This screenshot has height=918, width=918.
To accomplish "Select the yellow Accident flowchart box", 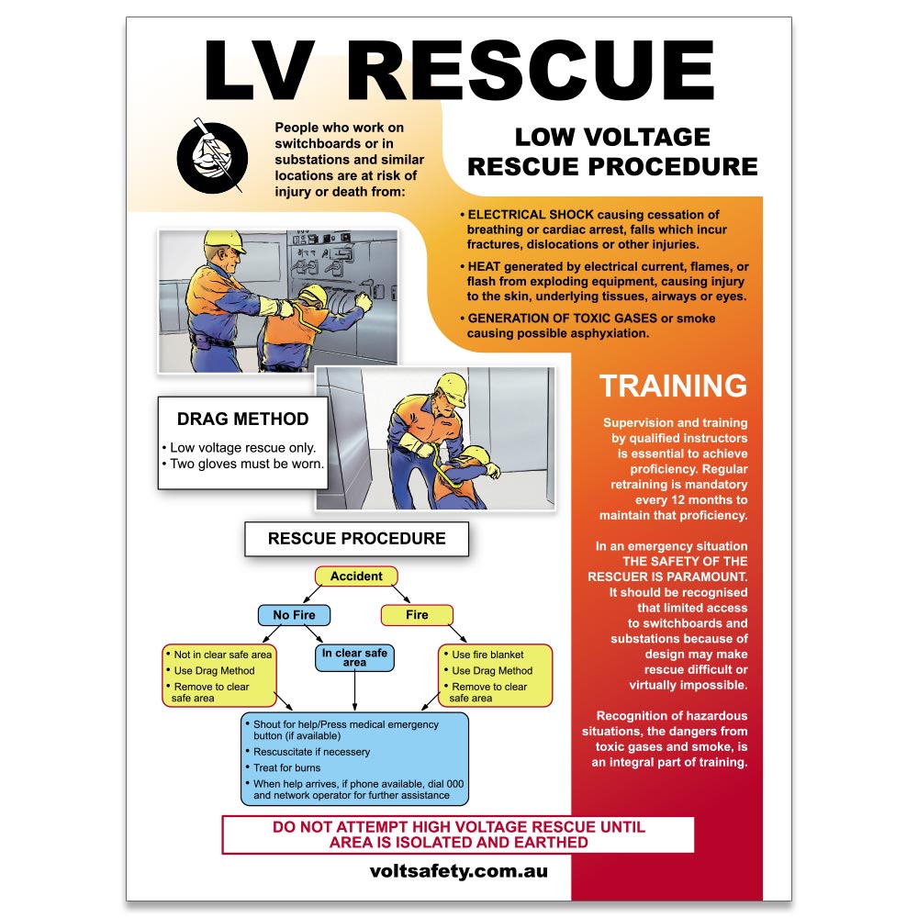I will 356,577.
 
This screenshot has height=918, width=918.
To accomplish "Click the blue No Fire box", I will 294,615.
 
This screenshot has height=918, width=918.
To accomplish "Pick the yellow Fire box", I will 417,615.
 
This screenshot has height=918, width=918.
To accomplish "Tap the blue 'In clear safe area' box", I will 354,657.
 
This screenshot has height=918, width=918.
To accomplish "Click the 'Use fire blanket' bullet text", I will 487,655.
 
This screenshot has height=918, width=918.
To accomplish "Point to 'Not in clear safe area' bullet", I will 223,655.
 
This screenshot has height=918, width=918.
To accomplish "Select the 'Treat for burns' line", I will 287,767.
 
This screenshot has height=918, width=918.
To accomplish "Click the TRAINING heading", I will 673,386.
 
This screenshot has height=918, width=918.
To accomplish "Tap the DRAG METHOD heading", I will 242,420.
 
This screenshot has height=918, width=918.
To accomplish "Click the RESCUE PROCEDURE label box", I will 356,539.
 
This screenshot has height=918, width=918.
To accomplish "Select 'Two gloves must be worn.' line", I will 246,464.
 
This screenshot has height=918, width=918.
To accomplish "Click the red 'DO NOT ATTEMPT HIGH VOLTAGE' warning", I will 458,834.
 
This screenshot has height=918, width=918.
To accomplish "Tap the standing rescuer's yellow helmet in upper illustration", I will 223,241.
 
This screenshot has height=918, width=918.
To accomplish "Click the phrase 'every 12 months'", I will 675,500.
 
